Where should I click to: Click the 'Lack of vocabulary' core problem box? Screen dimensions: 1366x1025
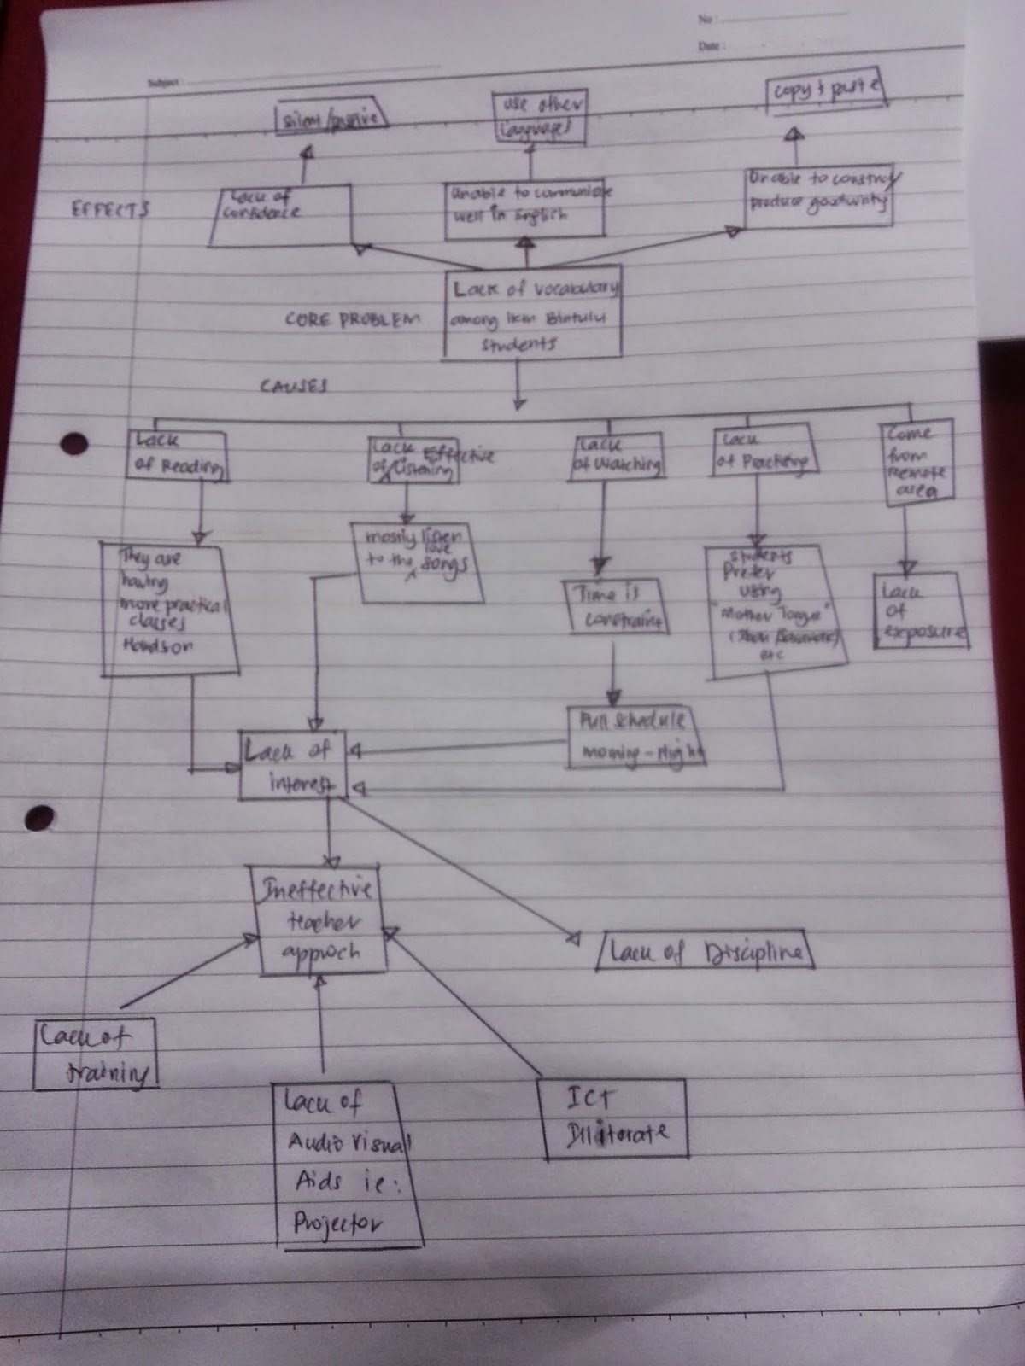[533, 314]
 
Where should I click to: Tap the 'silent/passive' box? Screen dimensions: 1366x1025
[330, 120]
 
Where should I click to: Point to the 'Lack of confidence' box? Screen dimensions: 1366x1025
[282, 217]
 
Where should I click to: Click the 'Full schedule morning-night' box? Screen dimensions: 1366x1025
[636, 737]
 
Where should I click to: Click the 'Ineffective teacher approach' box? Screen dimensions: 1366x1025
[318, 920]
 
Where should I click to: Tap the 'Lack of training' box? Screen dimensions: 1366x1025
[94, 1054]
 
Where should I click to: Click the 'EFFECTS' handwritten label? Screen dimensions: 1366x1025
[111, 208]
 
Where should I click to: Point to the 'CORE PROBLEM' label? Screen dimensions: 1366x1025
[353, 319]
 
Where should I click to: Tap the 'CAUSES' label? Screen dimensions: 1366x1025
[294, 386]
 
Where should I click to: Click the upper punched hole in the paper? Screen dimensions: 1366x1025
[75, 445]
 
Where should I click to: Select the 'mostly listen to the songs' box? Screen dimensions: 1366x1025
[416, 561]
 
